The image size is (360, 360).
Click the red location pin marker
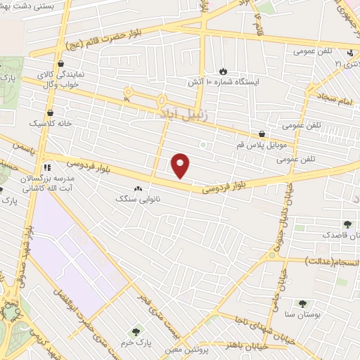181,165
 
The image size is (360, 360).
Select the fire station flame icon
223,71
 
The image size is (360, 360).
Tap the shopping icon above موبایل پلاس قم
262,133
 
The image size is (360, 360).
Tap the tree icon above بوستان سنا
302,304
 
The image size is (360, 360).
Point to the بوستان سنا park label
303,316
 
